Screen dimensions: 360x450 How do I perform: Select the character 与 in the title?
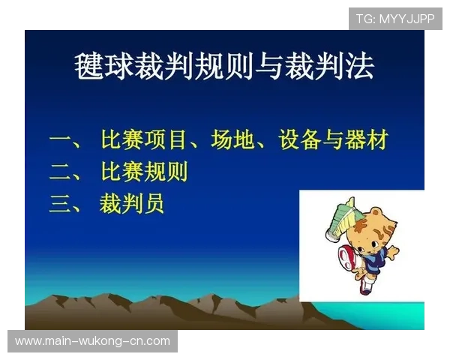(x=272, y=67)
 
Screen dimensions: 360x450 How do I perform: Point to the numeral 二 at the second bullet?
(x=61, y=172)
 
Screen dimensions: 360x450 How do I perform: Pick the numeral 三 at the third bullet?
(x=61, y=204)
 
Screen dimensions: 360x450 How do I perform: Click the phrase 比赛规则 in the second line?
(x=144, y=172)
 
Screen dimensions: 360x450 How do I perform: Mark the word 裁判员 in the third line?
(x=133, y=203)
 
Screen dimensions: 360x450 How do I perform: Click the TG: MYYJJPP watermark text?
(x=395, y=19)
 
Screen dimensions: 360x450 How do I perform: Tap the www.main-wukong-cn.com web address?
(x=92, y=341)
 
